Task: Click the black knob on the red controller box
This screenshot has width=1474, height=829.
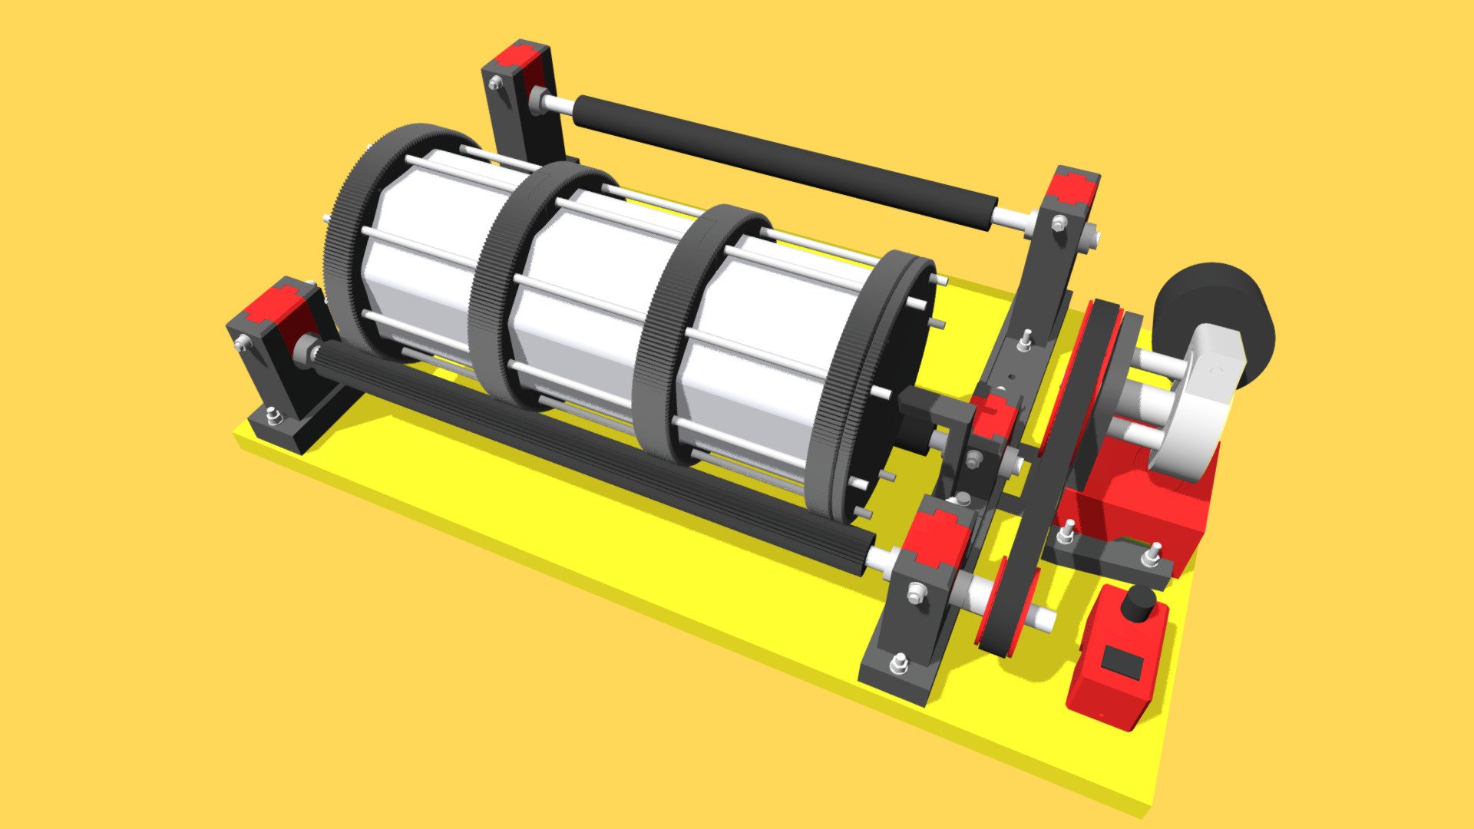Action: (x=1138, y=603)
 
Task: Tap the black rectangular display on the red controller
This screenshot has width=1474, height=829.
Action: (x=1122, y=661)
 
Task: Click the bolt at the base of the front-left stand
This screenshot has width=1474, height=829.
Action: (x=273, y=417)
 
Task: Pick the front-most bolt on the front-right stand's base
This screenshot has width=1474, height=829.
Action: (x=899, y=662)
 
